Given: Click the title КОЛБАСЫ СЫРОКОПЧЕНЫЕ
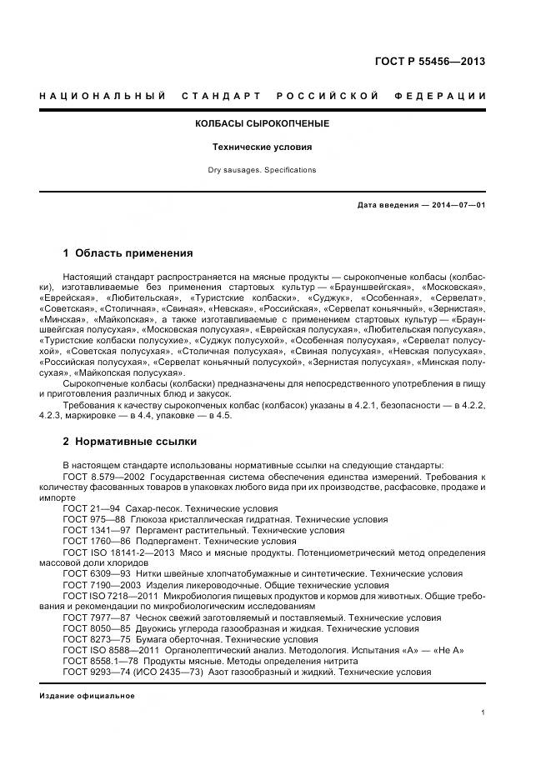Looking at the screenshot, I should [x=262, y=123].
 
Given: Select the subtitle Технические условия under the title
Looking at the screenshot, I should [x=262, y=147].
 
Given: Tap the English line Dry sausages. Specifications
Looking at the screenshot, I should [x=262, y=170].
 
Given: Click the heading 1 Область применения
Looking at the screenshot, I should [x=128, y=253].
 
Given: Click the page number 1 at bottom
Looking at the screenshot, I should [x=483, y=712].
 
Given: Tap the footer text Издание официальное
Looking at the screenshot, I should [x=87, y=695].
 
